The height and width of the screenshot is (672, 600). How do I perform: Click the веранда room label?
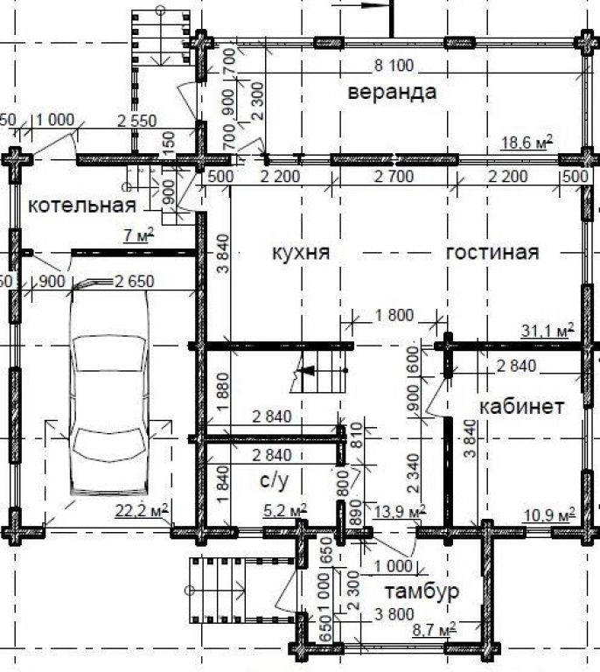392,93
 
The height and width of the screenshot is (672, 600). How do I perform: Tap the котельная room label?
82,206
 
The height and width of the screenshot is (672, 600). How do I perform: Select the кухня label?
301,252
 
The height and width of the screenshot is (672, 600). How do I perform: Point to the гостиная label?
492,252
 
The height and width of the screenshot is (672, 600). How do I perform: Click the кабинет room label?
521,406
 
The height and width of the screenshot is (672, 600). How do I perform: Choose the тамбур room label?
422,591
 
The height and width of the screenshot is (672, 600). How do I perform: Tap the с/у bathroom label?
274,480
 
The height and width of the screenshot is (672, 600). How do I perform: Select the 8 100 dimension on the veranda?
394,66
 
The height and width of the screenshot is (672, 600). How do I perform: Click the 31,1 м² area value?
548,331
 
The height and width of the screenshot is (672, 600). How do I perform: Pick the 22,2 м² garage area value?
142,510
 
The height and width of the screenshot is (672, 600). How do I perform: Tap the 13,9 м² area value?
400,510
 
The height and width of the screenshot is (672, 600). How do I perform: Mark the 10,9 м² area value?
549,514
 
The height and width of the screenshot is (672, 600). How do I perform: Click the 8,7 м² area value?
435,630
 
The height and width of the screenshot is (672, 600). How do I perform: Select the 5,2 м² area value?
285,510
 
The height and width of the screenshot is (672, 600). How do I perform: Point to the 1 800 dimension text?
394,315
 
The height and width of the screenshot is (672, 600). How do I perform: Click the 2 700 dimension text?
394,176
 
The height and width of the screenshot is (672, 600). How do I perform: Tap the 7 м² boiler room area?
138,235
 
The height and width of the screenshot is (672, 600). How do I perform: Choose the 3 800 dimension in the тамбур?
394,614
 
